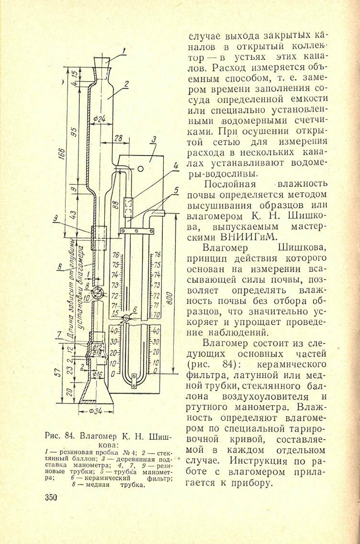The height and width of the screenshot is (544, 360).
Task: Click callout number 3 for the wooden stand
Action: pos(154,139)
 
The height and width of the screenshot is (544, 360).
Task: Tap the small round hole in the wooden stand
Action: pos(141,169)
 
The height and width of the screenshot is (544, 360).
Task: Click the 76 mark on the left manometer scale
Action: pos(115,254)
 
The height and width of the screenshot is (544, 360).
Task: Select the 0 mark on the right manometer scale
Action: pos(156,371)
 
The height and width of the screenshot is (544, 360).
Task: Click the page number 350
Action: pos(50,498)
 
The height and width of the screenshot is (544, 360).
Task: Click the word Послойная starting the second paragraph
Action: pos(230,185)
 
